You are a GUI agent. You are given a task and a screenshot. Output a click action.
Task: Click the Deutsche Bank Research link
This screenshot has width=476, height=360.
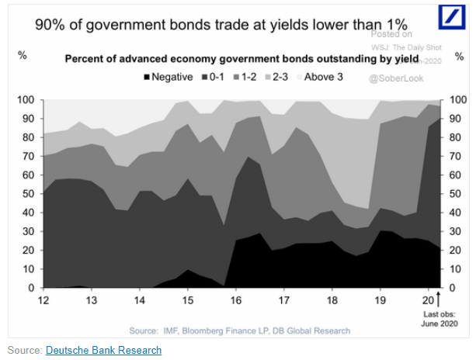point(103,350)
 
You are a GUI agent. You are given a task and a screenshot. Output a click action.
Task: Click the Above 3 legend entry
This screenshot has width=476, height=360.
point(318,78)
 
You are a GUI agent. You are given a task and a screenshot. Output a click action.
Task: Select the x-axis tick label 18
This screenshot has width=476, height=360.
point(333,300)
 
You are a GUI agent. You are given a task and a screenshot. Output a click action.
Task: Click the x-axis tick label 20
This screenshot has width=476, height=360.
point(428,300)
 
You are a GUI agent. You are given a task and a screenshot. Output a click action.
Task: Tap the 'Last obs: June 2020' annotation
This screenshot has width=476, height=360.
point(436,318)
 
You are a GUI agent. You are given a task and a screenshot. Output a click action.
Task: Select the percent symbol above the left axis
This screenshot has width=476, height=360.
point(22,56)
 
